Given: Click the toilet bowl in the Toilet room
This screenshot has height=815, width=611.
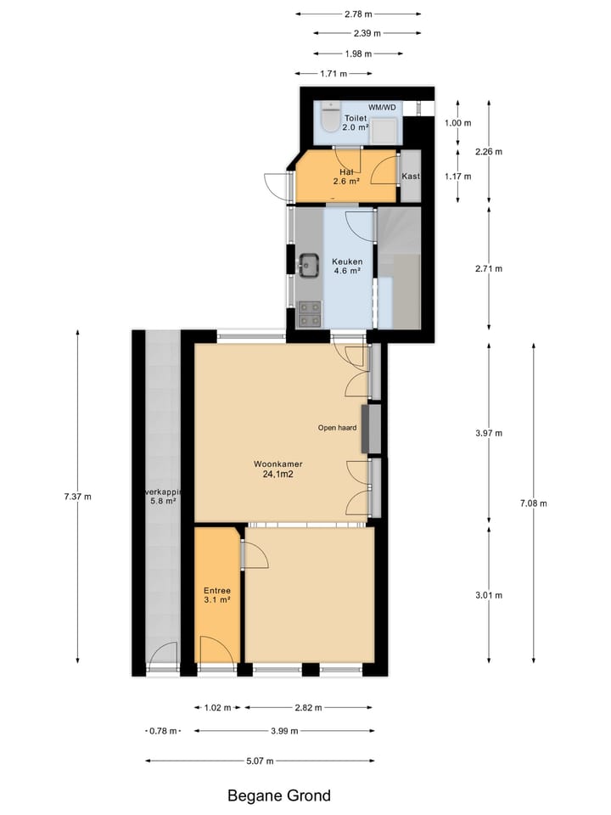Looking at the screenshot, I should point(330,116).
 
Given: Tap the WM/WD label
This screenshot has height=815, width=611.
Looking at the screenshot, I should point(382,107).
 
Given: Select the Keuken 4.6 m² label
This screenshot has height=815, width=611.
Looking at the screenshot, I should point(347,267).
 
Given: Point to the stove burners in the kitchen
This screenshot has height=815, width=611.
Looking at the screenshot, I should point(309,314).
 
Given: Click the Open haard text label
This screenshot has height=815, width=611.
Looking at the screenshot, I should point(337,428).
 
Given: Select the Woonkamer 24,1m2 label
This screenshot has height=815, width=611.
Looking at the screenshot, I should point(278,470).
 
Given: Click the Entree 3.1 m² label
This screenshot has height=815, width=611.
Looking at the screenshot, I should point(217,595).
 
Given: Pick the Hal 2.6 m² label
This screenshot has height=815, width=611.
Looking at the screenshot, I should point(346,176).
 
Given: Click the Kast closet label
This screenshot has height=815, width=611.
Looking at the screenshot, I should point(411,177).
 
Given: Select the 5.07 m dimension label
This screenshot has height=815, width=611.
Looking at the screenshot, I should point(259,761).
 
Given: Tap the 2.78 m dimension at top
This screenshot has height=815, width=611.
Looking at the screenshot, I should point(358,14).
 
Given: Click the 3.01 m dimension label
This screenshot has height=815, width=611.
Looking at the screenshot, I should point(489,595).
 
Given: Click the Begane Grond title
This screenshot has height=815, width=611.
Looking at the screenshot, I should point(279,796).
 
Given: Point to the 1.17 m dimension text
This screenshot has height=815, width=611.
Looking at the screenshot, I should point(457,177).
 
